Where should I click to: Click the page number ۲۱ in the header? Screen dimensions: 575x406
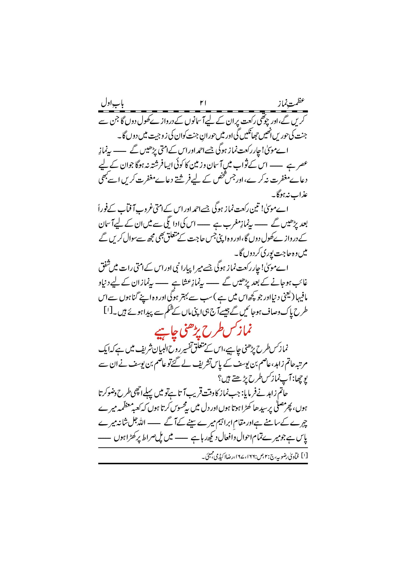[x=203, y=103]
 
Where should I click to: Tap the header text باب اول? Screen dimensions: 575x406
[x=112, y=104]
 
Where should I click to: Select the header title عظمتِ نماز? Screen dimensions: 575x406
[x=291, y=103]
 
